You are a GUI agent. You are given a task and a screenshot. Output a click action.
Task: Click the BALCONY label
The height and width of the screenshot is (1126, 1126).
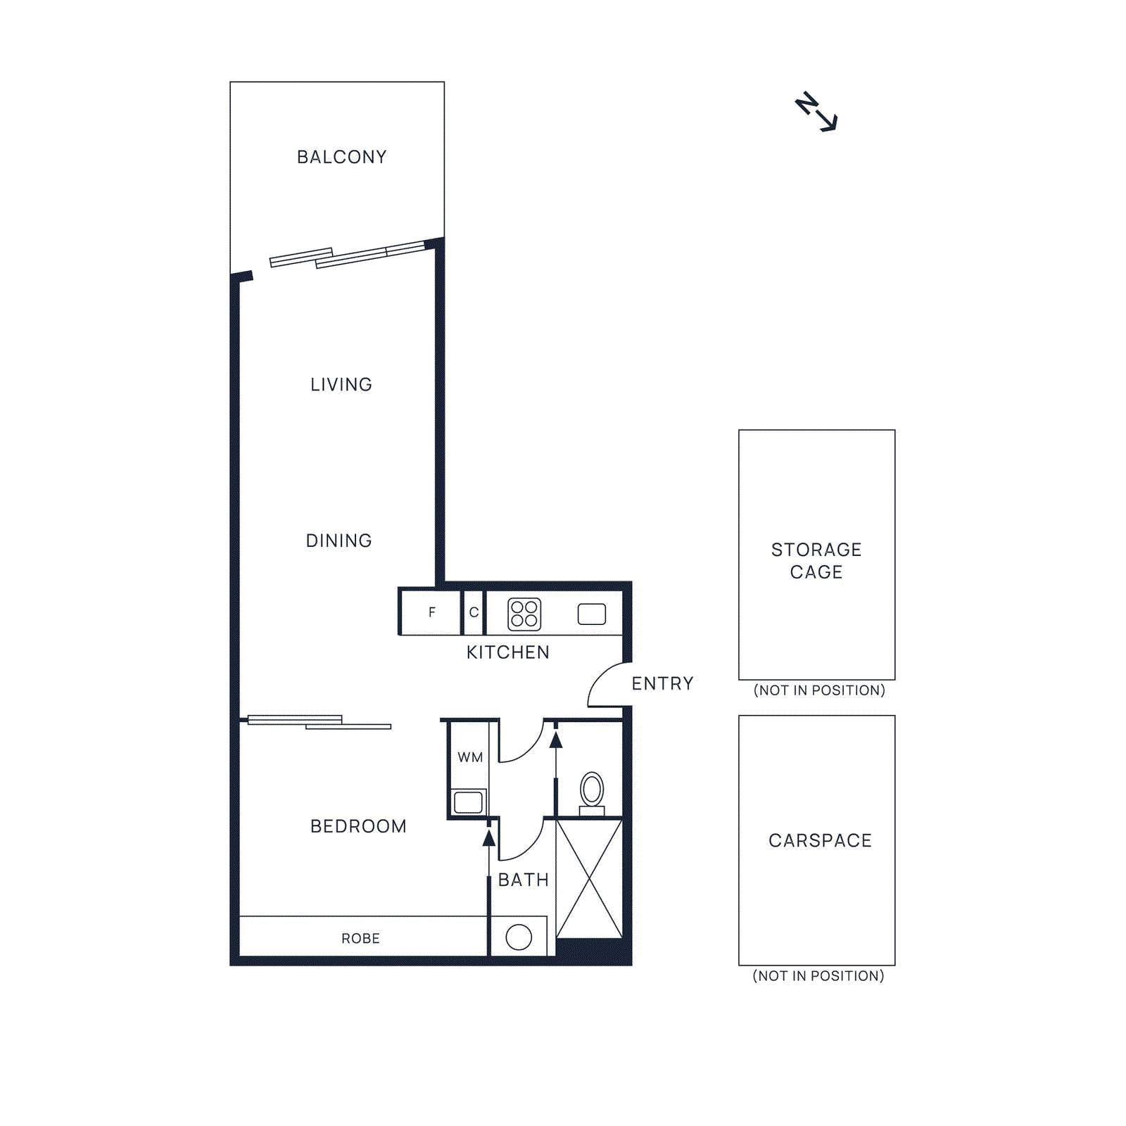(x=341, y=157)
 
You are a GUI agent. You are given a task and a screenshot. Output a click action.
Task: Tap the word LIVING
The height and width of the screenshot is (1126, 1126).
(x=341, y=385)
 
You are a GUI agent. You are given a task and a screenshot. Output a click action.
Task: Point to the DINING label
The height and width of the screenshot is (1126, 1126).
(x=339, y=540)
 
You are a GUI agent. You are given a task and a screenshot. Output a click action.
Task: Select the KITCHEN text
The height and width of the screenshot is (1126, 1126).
(x=507, y=652)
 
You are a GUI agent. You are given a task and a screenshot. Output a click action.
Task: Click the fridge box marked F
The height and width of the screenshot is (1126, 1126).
(x=431, y=612)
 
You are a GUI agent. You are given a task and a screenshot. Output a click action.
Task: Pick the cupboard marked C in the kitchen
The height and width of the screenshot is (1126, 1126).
(x=474, y=612)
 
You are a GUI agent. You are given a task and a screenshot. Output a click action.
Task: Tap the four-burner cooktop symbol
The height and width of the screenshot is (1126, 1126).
(x=524, y=614)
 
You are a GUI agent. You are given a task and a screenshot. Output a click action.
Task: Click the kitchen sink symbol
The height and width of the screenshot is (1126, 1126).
(x=591, y=614)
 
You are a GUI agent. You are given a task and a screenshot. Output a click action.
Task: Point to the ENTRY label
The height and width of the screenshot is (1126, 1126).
(x=662, y=683)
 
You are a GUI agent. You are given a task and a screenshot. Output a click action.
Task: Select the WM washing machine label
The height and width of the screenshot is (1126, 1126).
(x=470, y=758)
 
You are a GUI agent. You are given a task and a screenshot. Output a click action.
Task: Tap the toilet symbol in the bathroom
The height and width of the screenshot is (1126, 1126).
(x=592, y=792)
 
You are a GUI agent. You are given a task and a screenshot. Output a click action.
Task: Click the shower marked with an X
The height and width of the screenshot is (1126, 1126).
(x=589, y=878)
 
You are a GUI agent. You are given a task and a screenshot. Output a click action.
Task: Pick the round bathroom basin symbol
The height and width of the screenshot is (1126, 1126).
(x=519, y=937)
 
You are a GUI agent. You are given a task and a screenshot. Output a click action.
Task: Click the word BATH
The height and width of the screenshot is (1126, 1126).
(x=523, y=880)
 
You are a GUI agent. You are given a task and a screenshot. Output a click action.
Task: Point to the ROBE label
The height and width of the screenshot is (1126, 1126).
(x=360, y=939)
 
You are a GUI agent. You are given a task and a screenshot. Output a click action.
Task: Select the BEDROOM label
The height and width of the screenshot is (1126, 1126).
(x=358, y=826)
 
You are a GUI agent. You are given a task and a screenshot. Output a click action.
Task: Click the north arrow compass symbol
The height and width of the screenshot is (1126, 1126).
(x=816, y=113)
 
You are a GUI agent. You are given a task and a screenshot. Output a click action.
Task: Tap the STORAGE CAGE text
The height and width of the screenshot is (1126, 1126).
(x=816, y=561)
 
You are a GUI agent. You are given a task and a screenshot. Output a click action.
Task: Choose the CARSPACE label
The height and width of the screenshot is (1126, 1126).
(x=820, y=840)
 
